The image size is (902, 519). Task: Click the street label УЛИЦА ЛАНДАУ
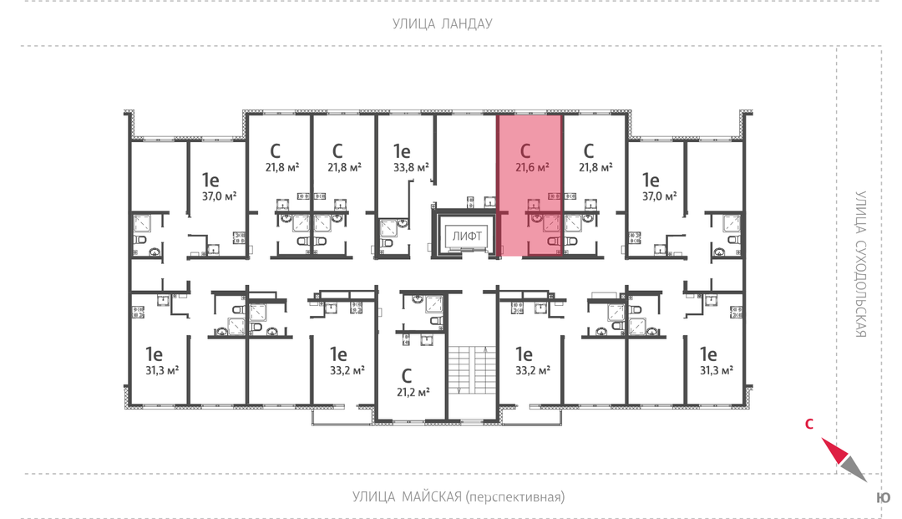coord(442,23)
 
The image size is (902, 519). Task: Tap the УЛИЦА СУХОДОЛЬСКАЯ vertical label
coord(860,264)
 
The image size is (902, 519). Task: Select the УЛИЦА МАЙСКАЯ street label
coord(407,496)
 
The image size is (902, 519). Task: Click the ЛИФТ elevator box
coord(467,236)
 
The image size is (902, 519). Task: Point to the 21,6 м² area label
coord(532,167)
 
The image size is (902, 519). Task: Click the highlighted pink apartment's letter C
coord(524,151)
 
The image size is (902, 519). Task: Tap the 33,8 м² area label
coord(411,167)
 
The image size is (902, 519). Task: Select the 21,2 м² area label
coord(413,393)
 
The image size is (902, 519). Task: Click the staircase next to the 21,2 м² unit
coord(472,371)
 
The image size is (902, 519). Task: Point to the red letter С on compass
coord(808,424)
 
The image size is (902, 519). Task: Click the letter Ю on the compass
coord(884,498)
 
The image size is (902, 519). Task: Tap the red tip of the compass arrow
coord(822,439)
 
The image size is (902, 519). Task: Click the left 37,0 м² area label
coord(219,196)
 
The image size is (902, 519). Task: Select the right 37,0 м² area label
coord(659,196)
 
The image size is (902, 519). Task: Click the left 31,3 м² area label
coord(162,370)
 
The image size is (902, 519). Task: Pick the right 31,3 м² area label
coord(717,370)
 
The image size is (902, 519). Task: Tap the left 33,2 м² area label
coord(347,370)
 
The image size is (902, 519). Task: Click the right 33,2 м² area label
coord(533,370)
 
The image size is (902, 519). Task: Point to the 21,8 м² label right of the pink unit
coord(595,167)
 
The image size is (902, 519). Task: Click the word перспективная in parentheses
coord(514,497)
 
